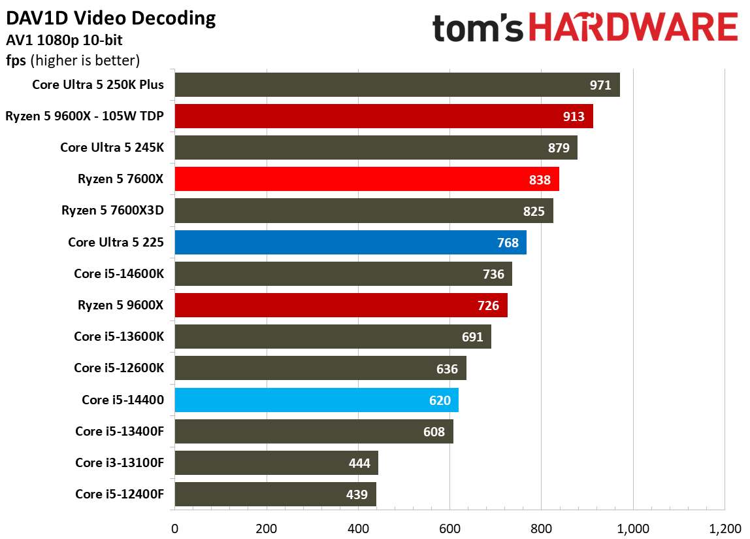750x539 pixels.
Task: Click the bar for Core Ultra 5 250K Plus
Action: pyautogui.click(x=397, y=85)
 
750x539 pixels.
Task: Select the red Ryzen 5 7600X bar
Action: pyautogui.click(x=367, y=179)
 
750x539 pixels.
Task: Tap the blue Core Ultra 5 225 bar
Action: pyautogui.click(x=351, y=243)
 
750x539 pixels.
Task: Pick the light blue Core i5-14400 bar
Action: pyautogui.click(x=317, y=400)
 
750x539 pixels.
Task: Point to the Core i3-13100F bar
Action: pyautogui.click(x=276, y=463)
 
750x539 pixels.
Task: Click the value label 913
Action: pyautogui.click(x=574, y=116)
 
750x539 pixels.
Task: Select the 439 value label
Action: pyautogui.click(x=357, y=495)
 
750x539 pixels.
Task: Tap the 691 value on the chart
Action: pyautogui.click(x=472, y=337)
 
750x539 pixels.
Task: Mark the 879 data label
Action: pyautogui.click(x=559, y=148)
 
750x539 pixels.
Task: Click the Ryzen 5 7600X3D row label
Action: pyautogui.click(x=112, y=211)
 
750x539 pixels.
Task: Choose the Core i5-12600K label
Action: pyautogui.click(x=119, y=368)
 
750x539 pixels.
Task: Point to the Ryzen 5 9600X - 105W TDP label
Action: pyautogui.click(x=85, y=116)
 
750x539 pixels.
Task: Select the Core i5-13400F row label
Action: pyautogui.click(x=120, y=431)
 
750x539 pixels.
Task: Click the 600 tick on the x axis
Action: pyautogui.click(x=449, y=529)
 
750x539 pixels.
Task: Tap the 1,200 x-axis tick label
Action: pyautogui.click(x=725, y=529)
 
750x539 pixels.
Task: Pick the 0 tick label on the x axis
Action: pyautogui.click(x=174, y=529)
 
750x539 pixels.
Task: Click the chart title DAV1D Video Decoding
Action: pyautogui.click(x=111, y=18)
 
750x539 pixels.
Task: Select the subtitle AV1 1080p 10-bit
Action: pyautogui.click(x=64, y=41)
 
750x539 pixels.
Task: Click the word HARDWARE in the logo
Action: pyautogui.click(x=633, y=27)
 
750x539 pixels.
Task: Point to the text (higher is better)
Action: pyautogui.click(x=85, y=60)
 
